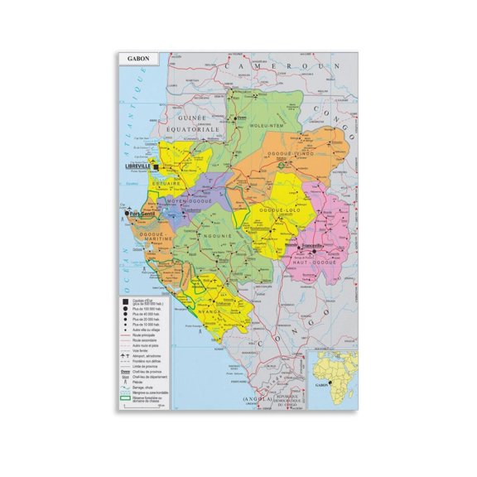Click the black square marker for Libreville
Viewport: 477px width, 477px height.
(x=155, y=166)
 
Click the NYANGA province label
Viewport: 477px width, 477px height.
(x=211, y=313)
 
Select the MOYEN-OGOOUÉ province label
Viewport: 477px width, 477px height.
(x=190, y=200)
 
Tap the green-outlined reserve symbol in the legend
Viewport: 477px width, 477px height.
(x=123, y=399)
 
